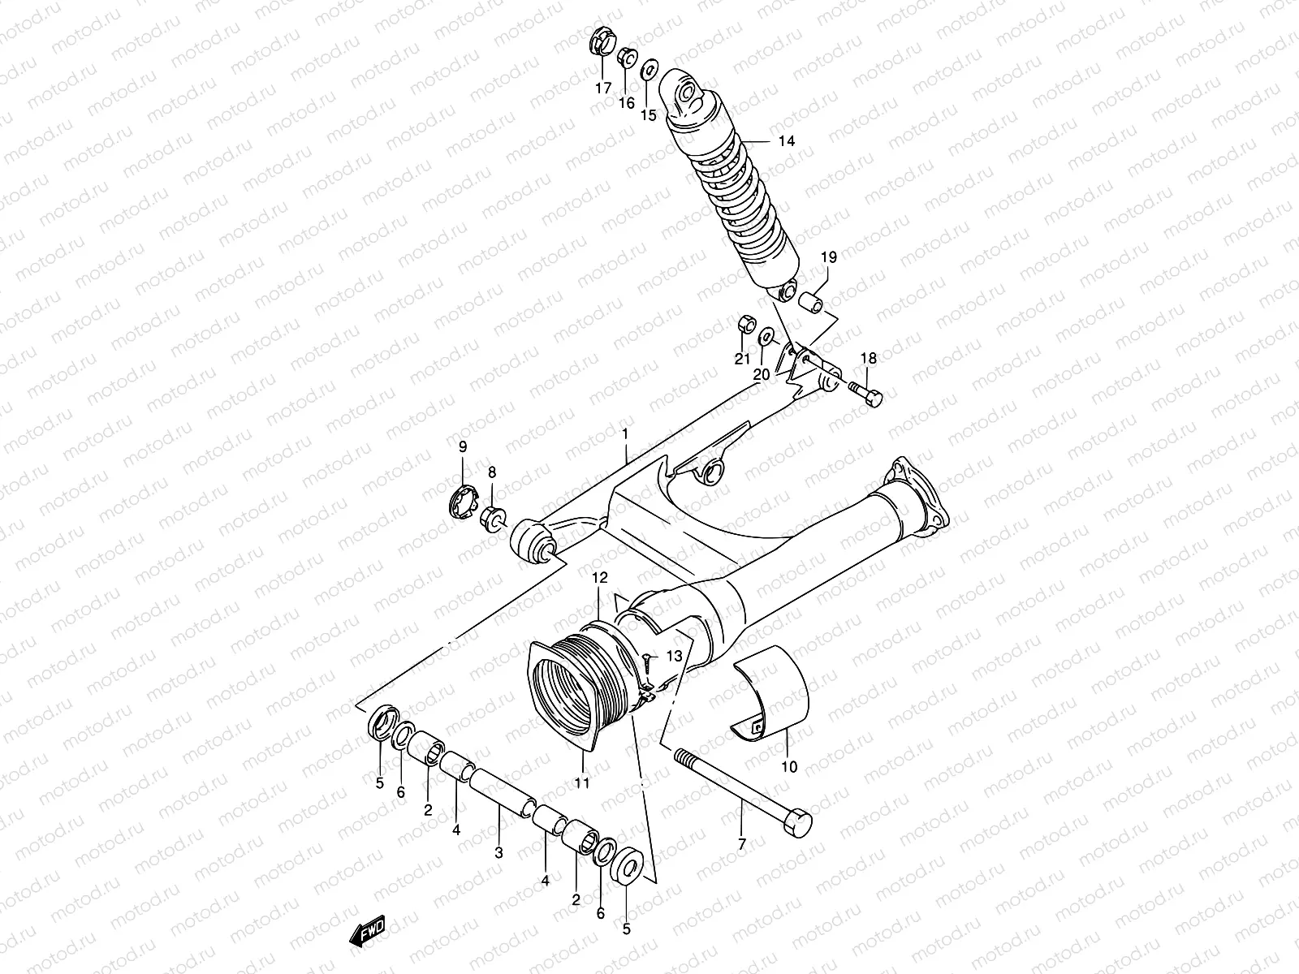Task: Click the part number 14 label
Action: click(x=786, y=141)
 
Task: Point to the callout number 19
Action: click(x=828, y=257)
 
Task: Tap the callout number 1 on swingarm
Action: click(x=626, y=435)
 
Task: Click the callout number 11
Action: click(x=582, y=782)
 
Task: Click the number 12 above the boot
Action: click(x=599, y=579)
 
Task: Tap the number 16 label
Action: click(x=626, y=102)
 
